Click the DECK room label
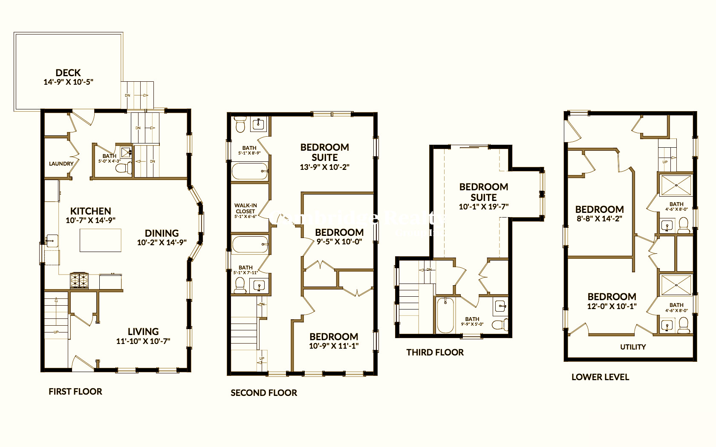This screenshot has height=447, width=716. pyautogui.click(x=68, y=73)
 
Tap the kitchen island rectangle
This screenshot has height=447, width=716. pyautogui.click(x=101, y=241)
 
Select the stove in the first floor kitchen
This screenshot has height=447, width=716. pyautogui.click(x=79, y=280)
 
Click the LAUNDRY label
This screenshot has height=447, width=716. pyautogui.click(x=61, y=163)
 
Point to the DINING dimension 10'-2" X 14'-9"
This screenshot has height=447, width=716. pyautogui.click(x=162, y=243)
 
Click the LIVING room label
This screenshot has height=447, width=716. pyautogui.click(x=143, y=332)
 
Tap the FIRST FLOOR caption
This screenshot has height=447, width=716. pyautogui.click(x=75, y=392)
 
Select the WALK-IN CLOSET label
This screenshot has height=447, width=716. pyautogui.click(x=245, y=208)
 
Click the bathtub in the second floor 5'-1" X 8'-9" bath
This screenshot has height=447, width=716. pyautogui.click(x=249, y=172)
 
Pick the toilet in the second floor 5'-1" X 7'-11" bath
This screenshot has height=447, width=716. pyautogui.click(x=240, y=284)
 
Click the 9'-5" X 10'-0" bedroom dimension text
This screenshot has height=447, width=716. pyautogui.click(x=339, y=242)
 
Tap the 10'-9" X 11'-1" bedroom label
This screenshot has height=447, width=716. pyautogui.click(x=334, y=337)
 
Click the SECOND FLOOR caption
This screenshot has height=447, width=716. pyautogui.click(x=264, y=393)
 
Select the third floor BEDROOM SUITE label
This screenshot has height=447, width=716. pyautogui.click(x=484, y=192)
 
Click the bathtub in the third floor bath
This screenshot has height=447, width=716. pyautogui.click(x=445, y=315)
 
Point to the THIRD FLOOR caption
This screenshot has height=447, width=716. pyautogui.click(x=435, y=352)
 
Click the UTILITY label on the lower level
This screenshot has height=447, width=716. pyautogui.click(x=633, y=347)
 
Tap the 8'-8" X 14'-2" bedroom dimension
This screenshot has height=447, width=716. pyautogui.click(x=599, y=219)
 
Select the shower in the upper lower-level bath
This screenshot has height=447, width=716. pyautogui.click(x=676, y=185)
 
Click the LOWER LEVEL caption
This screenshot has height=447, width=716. pyautogui.click(x=600, y=377)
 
